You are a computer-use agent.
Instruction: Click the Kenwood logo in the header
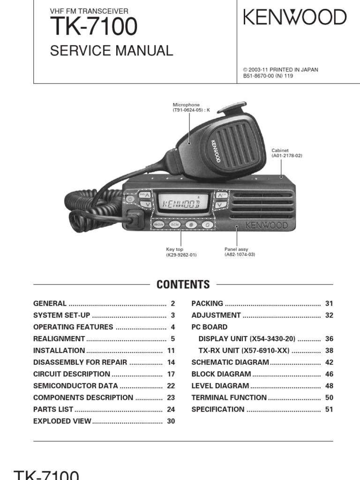295,17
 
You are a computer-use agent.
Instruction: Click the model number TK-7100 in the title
94,26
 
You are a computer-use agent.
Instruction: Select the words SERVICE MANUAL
112,51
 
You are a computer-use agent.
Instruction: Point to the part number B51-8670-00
258,75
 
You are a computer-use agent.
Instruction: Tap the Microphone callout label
191,107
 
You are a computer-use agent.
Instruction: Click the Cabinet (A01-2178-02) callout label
286,153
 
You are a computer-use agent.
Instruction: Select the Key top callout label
181,252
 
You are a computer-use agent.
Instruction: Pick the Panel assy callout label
240,252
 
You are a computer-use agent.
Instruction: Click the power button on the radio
130,199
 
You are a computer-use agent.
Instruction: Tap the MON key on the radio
158,225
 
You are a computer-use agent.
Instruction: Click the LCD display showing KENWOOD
182,203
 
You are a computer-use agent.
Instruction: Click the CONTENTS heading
183,285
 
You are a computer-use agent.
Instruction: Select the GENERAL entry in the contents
50,303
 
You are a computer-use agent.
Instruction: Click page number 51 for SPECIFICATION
329,409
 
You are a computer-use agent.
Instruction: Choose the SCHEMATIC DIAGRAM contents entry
230,362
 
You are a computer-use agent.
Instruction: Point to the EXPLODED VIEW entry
62,421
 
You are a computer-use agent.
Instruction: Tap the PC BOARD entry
210,327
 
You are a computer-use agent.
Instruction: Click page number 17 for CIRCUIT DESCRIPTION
171,374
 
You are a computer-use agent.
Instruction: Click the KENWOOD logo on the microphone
216,151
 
